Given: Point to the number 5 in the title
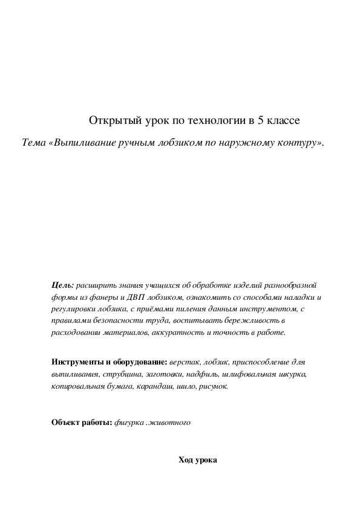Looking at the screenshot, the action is point(260,120).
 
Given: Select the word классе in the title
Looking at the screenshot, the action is point(283,120).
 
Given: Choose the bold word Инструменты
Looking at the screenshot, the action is point(77,362).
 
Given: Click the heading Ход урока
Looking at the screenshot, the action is point(197,460).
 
